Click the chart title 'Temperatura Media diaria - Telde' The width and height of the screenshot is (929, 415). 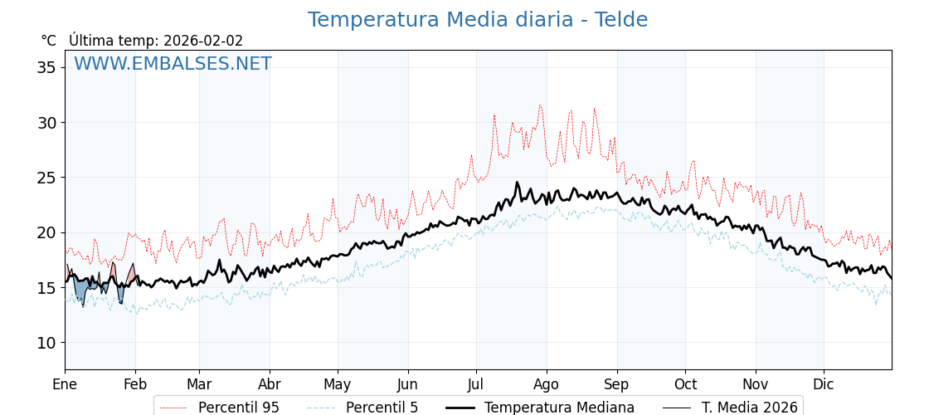tap(477, 20)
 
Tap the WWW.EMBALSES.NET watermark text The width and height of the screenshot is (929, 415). tap(173, 64)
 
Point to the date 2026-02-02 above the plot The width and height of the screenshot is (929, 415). tap(203, 41)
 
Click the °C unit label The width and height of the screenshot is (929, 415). tap(48, 41)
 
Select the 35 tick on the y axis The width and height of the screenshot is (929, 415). tap(46, 67)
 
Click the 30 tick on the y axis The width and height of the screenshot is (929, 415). tap(46, 123)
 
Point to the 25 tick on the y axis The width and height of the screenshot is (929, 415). tap(46, 178)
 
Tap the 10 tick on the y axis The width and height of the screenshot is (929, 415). tap(46, 343)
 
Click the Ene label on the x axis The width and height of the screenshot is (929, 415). tap(65, 384)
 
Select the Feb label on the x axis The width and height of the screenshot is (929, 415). tap(135, 384)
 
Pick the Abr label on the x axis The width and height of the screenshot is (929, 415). tap(270, 384)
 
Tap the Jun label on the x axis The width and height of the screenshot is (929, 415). tap(408, 384)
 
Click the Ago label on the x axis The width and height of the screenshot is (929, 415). tap(547, 384)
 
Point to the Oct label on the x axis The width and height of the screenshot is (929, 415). tap(685, 384)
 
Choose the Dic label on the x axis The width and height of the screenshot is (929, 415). tap(824, 384)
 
